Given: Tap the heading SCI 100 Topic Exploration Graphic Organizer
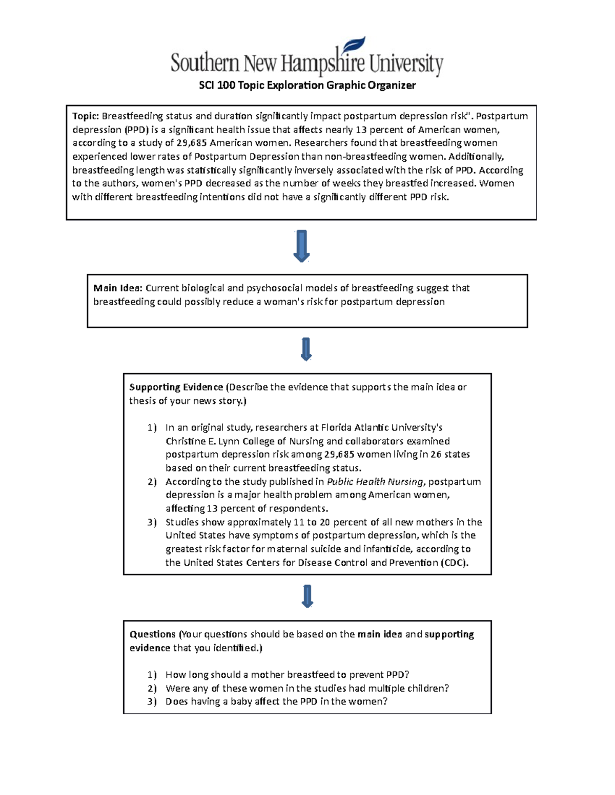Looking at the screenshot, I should (307, 85).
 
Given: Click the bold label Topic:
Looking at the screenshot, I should (85, 116).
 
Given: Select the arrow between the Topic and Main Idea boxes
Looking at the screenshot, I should (301, 246).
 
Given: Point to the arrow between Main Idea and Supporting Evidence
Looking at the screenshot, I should (306, 349).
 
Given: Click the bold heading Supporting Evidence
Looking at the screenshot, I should (176, 387).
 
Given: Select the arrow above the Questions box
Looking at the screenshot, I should (307, 596).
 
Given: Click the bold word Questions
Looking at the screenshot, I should (152, 634).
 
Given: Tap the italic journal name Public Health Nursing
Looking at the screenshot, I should (375, 482).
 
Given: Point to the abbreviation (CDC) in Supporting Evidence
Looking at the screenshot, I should (454, 563).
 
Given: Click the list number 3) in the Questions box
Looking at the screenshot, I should (152, 702).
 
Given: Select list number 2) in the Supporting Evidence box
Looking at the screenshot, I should (152, 482).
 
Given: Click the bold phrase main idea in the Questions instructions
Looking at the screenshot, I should (379, 634).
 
